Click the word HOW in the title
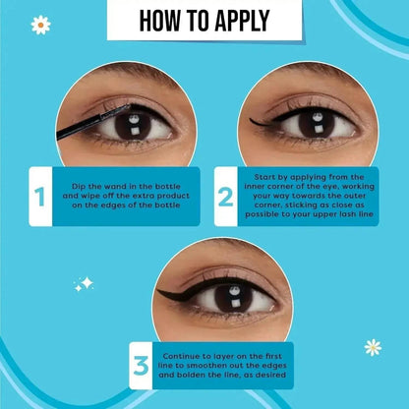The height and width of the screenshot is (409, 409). click(x=159, y=21)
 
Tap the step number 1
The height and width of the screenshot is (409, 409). click(x=39, y=197)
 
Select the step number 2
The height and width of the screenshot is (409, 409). click(x=225, y=197)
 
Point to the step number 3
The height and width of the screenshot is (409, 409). click(x=141, y=366)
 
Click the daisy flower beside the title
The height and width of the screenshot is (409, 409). click(x=40, y=25)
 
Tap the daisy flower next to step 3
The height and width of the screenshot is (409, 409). click(x=373, y=347)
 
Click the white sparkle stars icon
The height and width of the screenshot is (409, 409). click(x=84, y=284)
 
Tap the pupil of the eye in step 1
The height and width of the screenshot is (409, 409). click(x=133, y=126)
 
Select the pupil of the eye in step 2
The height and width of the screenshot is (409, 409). click(x=317, y=125)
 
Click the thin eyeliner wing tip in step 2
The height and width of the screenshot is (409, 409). click(x=251, y=120)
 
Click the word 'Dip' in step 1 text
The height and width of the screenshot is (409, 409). click(x=79, y=187)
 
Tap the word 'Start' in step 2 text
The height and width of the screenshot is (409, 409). click(x=264, y=177)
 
